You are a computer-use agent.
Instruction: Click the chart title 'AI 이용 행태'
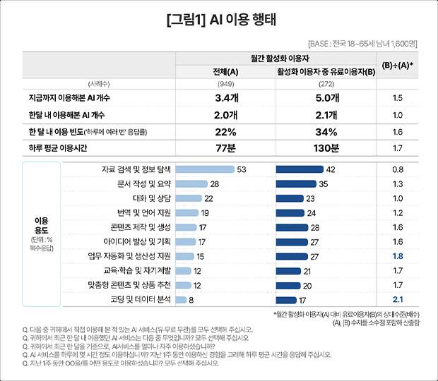click(x=218, y=19)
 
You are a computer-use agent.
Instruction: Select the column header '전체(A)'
click(x=225, y=71)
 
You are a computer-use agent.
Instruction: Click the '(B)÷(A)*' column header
click(x=397, y=65)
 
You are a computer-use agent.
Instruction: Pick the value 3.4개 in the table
click(x=225, y=98)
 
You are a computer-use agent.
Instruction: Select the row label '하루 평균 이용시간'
click(x=54, y=148)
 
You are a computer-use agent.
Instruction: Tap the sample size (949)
click(x=225, y=84)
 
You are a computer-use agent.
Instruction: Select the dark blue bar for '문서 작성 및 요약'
click(x=296, y=183)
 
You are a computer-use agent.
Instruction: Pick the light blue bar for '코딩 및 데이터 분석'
click(x=180, y=299)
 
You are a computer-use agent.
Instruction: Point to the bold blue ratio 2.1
click(x=397, y=299)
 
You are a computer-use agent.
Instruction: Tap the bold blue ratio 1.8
click(x=397, y=256)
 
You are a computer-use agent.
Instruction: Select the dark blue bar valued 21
click(x=288, y=270)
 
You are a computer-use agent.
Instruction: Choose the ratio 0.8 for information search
click(x=397, y=169)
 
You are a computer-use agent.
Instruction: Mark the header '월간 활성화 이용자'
click(x=282, y=57)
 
